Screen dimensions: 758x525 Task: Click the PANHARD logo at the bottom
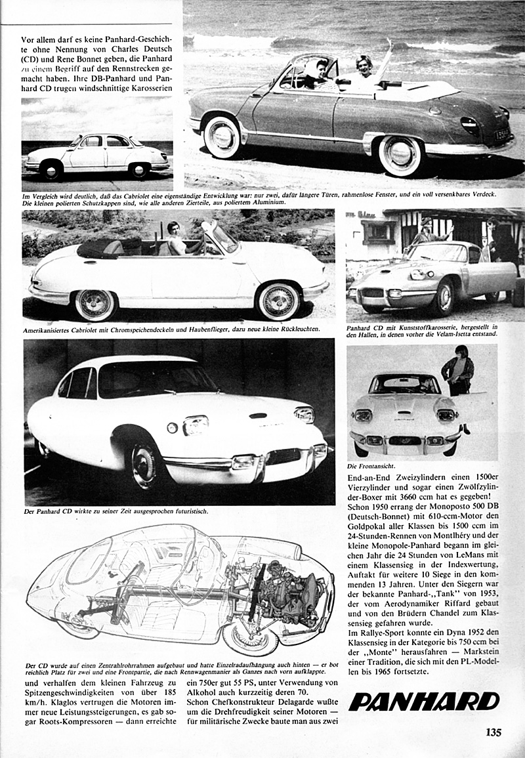point(423,702)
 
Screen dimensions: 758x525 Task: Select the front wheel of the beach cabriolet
point(400,155)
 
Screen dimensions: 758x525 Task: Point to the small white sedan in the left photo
point(96,157)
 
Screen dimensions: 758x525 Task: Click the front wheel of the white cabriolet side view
point(279,301)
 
